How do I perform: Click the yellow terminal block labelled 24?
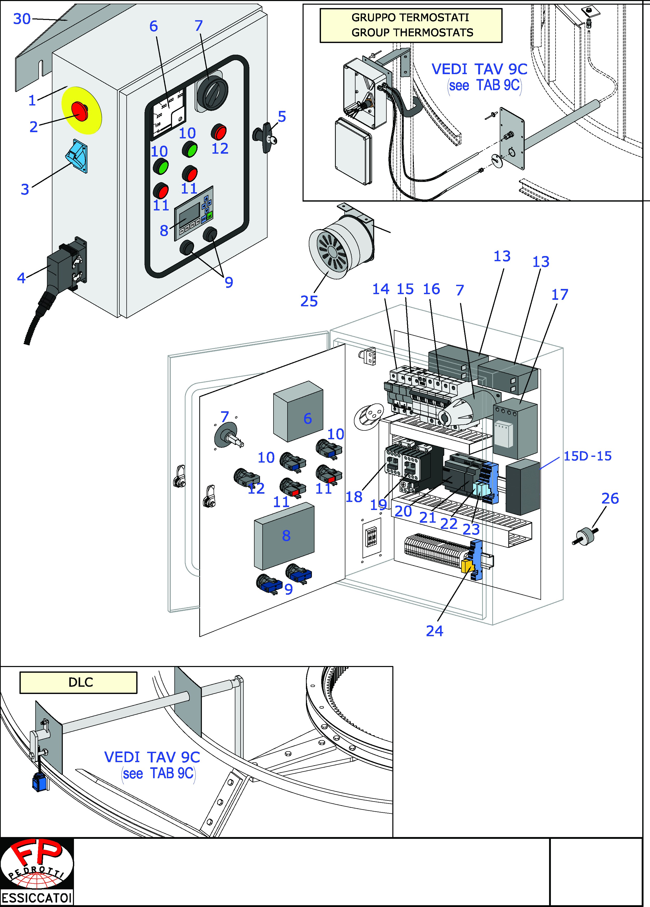(467, 566)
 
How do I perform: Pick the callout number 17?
(559, 295)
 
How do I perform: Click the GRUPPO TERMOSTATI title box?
(411, 25)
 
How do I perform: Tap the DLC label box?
(78, 682)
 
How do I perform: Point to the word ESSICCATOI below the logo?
(37, 898)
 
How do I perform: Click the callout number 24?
(434, 631)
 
